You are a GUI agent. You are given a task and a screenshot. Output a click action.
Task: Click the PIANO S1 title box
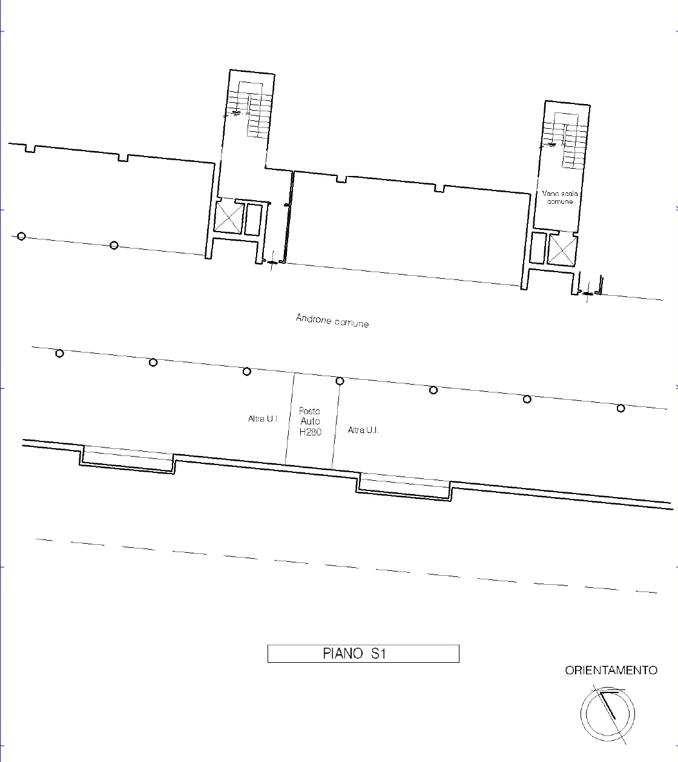(363, 653)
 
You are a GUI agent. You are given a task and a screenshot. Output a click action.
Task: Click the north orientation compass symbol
(608, 714)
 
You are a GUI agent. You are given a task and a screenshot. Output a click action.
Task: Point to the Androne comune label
(332, 321)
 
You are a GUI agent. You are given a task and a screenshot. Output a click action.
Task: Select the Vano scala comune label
(560, 198)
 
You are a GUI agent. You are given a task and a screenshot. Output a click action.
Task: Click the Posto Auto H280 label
(310, 422)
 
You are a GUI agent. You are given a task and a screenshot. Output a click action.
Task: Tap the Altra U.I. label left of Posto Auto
(263, 418)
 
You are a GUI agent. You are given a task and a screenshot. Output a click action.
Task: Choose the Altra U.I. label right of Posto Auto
(363, 430)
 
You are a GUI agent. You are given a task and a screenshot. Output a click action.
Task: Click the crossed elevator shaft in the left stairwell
(228, 217)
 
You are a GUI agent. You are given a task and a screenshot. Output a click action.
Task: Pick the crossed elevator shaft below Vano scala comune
(562, 250)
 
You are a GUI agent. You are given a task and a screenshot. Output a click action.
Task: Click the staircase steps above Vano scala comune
(565, 140)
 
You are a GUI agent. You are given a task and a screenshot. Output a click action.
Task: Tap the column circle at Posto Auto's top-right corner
(340, 381)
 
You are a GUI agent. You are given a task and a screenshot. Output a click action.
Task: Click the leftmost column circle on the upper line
(21, 236)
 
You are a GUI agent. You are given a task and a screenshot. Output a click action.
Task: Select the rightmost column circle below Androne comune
(620, 408)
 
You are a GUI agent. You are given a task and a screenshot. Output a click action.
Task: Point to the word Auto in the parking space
(310, 422)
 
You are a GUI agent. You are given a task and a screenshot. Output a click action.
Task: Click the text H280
(310, 432)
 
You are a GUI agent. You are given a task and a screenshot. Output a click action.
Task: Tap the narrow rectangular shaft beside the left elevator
(254, 220)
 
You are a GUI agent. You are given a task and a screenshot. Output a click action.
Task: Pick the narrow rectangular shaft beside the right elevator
(538, 248)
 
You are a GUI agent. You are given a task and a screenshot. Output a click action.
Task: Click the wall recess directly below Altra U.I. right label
(403, 487)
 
